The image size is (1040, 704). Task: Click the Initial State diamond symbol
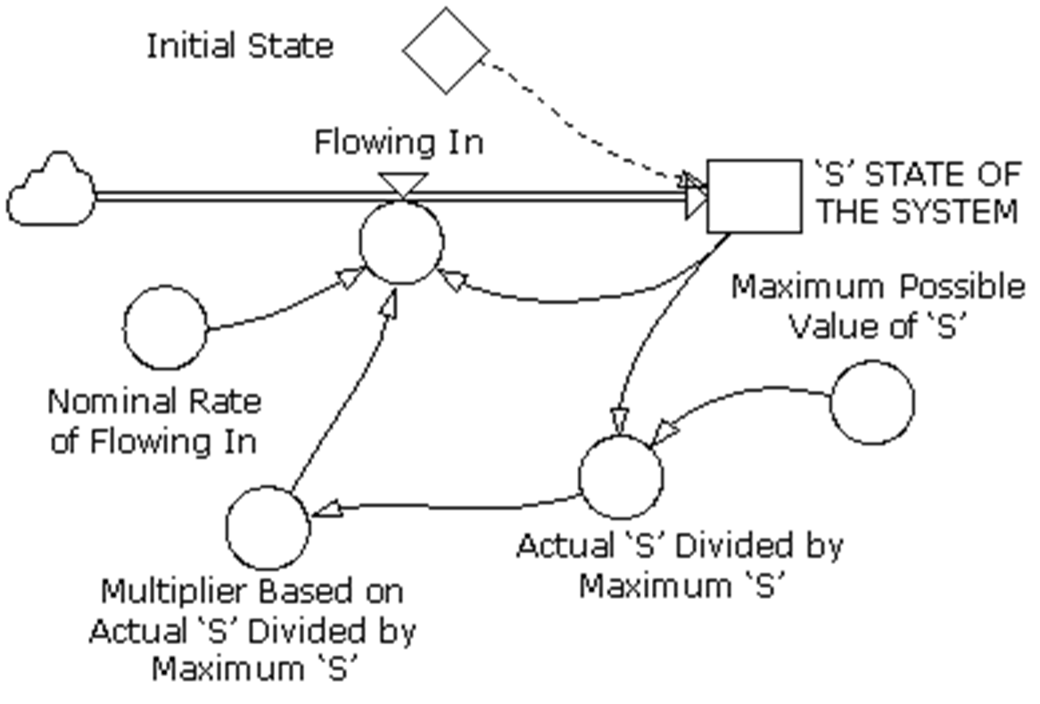(446, 50)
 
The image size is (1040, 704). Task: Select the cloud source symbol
(51, 190)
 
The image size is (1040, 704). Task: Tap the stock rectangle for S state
(754, 196)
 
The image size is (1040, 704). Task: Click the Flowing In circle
(401, 242)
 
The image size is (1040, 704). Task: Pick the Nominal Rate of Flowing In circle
(165, 327)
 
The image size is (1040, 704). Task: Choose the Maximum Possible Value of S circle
(872, 402)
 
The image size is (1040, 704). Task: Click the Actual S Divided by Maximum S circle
(621, 476)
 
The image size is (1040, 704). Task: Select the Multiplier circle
(268, 527)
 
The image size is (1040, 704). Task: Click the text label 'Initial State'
(239, 46)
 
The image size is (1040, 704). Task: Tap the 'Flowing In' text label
(399, 142)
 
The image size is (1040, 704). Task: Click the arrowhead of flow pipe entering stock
(697, 197)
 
